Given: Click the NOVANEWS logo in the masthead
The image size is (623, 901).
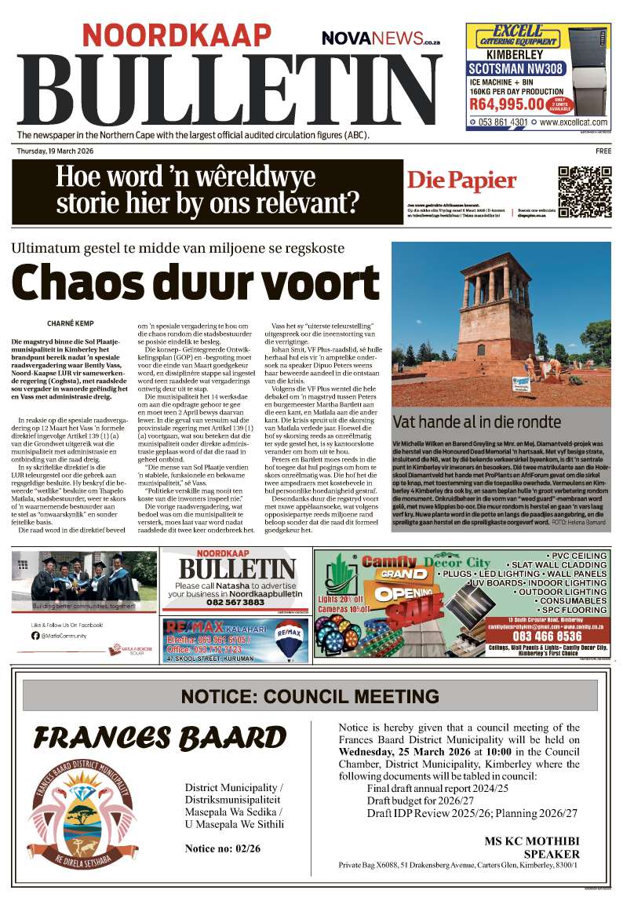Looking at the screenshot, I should coord(381,37).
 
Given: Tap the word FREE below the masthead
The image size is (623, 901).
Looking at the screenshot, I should coord(603,150).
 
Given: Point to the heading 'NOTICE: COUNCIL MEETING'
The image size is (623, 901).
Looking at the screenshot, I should coord(310,696).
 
